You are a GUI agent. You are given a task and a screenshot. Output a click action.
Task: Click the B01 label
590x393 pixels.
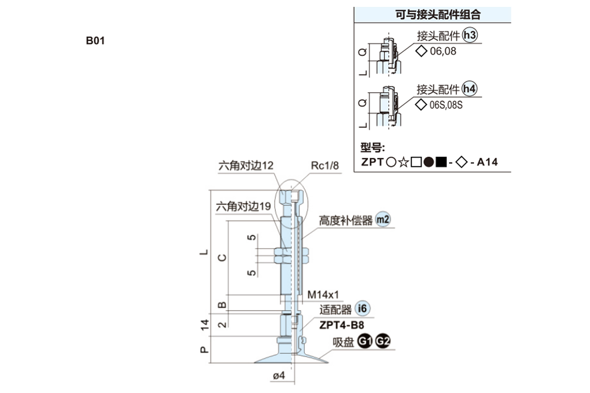(95, 40)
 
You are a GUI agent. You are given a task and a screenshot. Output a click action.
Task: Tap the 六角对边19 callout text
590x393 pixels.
(243, 207)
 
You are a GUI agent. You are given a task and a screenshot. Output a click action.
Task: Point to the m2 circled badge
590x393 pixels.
(382, 220)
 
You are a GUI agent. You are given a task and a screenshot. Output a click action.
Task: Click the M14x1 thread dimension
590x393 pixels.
(323, 295)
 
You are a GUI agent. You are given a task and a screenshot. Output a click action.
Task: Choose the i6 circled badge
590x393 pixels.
(362, 309)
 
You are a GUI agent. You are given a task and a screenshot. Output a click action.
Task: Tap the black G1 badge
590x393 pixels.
(364, 341)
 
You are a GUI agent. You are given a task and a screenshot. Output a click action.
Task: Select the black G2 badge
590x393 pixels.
(382, 341)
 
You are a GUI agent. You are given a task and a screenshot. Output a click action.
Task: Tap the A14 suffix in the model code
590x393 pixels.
(487, 162)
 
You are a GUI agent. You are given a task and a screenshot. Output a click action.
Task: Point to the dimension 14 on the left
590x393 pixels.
(205, 324)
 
